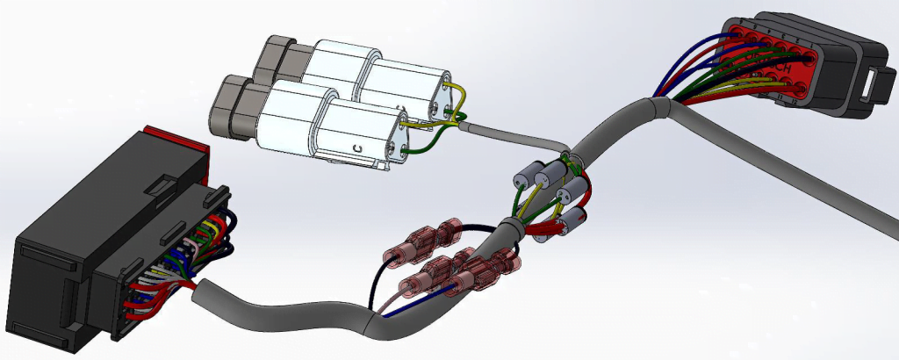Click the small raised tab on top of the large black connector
(162, 185)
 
